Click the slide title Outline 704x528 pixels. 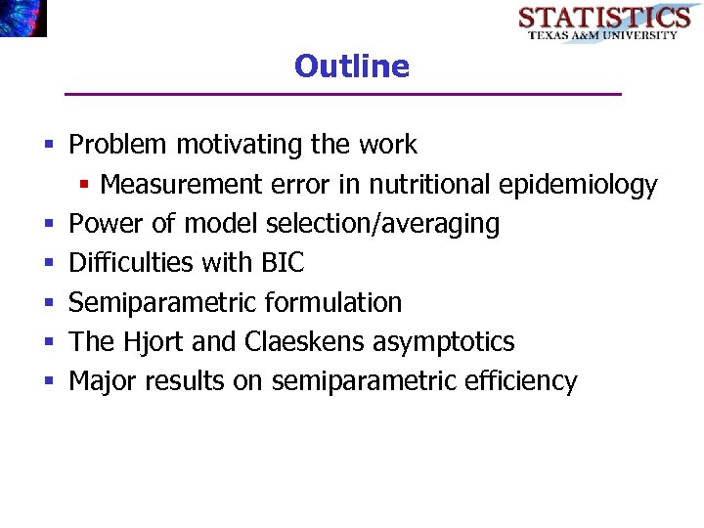[351, 66]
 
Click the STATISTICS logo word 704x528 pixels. [603, 18]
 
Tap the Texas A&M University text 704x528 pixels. [603, 35]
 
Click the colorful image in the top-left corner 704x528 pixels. [23, 18]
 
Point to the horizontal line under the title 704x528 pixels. [342, 94]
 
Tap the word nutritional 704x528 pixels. [430, 185]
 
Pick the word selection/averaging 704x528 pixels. [382, 224]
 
